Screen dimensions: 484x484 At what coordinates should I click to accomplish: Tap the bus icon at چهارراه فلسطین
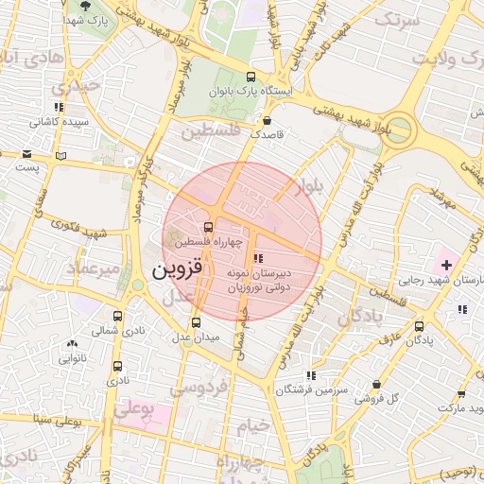(208, 228)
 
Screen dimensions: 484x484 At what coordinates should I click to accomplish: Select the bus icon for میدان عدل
(197, 322)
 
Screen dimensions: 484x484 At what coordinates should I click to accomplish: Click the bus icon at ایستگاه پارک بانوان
(250, 78)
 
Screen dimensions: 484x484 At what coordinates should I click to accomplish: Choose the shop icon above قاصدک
(268, 121)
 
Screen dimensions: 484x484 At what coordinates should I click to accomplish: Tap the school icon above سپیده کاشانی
(59, 108)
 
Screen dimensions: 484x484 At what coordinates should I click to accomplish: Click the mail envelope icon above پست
(27, 153)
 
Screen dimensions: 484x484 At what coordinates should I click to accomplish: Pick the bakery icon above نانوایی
(72, 345)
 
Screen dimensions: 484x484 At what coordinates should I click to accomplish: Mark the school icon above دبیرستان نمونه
(258, 257)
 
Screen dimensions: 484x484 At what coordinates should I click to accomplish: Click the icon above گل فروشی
(376, 385)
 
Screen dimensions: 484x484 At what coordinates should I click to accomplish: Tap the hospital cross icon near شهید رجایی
(446, 265)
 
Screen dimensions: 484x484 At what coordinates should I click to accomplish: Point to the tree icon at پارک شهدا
(86, 6)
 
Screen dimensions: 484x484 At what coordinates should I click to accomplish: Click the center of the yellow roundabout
(400, 128)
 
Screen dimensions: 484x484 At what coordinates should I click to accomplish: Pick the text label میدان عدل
(196, 337)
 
